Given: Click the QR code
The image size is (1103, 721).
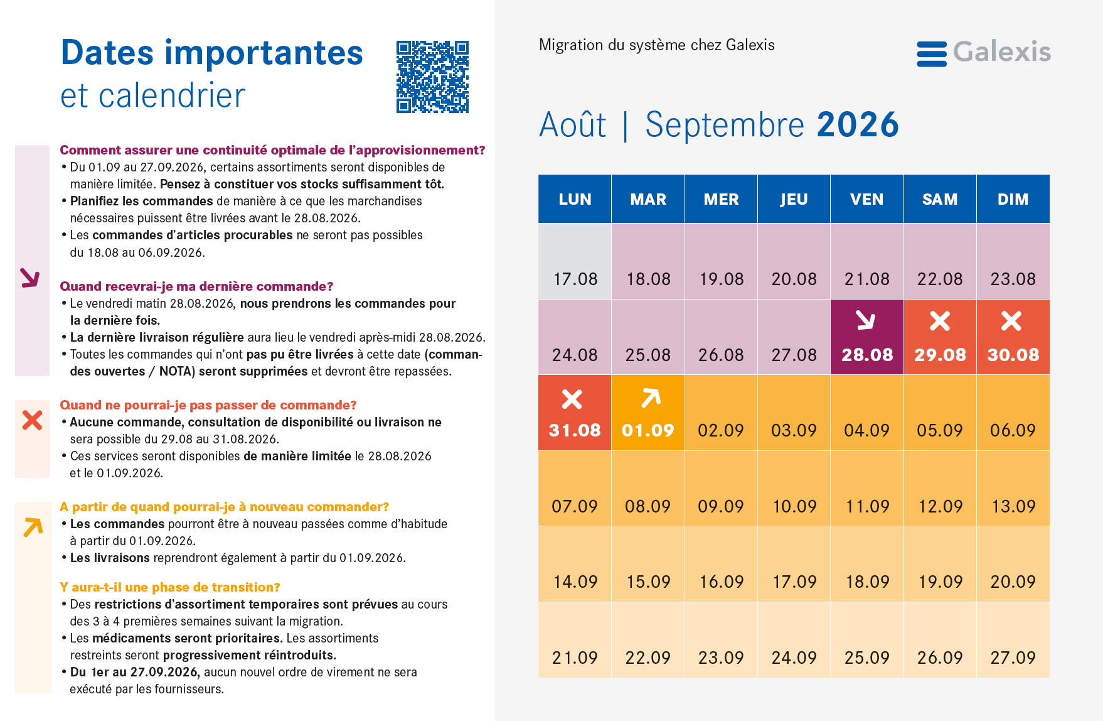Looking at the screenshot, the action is pos(432,77).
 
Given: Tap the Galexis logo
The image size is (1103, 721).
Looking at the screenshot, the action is pos(983,53).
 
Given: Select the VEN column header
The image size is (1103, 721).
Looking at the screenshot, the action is pos(867,199).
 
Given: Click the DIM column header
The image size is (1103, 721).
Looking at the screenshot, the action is pos(1013,199).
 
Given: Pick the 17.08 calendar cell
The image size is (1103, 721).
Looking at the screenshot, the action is pos(575,261).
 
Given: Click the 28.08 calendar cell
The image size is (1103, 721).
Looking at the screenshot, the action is pos(867,337).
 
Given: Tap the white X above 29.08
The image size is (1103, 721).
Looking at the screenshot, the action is pos(940,321).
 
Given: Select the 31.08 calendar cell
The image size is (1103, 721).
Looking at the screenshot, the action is pos(575,413).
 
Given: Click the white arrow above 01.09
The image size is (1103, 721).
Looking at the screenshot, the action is pos(651,398).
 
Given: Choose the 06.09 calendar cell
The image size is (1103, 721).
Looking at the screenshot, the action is pos(1013,413).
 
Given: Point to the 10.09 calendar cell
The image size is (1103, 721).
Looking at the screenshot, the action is pos(794,489).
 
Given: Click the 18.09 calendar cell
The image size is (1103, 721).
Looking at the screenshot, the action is pos(867,564).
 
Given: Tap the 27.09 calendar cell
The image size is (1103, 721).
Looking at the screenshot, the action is pos(1013,640).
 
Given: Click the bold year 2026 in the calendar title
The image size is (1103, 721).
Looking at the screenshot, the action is pos(858,124).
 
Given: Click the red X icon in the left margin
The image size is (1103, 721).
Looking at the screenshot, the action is pos(32,420).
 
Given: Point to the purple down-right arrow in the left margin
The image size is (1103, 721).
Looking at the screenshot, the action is pos(29,278).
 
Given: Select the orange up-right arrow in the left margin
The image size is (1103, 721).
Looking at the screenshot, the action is pos(33,527).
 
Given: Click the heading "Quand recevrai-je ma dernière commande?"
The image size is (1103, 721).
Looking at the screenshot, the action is pos(196,286).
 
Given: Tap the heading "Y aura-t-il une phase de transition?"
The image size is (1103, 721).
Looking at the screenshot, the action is pos(170,587).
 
